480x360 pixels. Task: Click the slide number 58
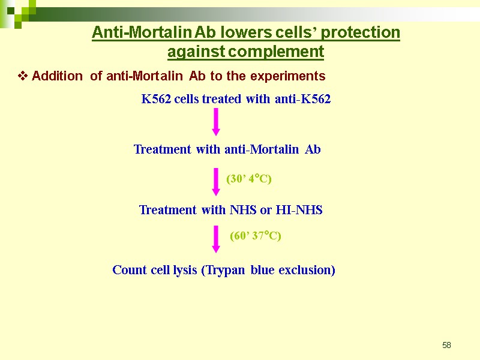click(x=446, y=345)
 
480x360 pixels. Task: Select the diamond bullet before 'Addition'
click(x=23, y=76)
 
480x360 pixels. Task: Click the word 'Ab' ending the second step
click(x=313, y=149)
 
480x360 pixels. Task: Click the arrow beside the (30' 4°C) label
click(x=216, y=181)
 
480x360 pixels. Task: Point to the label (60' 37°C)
click(x=256, y=236)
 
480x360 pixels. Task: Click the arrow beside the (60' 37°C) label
click(x=216, y=239)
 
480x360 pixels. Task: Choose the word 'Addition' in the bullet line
click(x=57, y=76)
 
